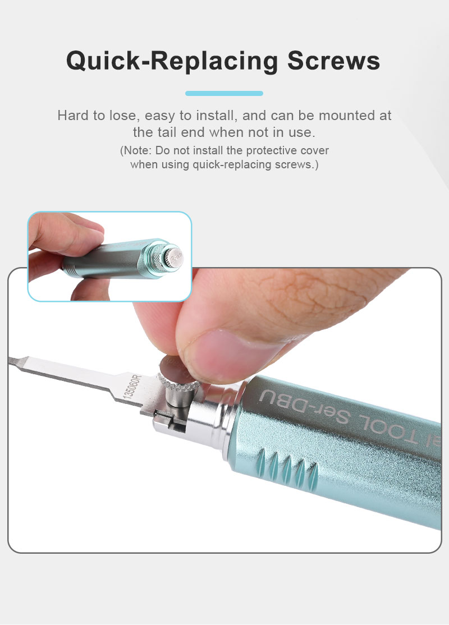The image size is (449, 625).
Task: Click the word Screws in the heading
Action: [333, 61]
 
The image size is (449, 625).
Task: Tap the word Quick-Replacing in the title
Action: [172, 62]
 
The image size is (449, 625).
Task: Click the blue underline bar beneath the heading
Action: [224, 93]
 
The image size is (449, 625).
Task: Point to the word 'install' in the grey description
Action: [215, 116]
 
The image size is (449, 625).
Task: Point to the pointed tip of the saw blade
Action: [9, 360]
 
